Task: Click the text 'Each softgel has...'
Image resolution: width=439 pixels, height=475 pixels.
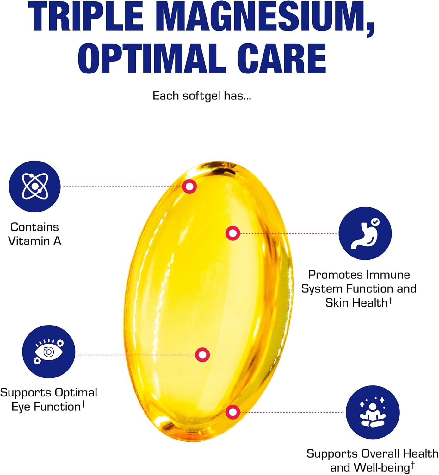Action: pos(202,96)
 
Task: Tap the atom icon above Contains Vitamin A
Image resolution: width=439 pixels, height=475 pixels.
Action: pos(34,186)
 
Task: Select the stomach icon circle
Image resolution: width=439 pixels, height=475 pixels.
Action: pos(365,233)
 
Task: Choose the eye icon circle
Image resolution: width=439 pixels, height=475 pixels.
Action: pos(48,351)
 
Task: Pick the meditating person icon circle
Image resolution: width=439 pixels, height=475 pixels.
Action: pos(372,412)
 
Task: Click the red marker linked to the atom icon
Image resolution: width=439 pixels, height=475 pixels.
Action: pos(189,187)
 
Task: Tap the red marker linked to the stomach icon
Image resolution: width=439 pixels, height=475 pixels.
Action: pos(232,233)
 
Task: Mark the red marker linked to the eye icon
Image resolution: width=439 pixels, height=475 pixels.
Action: pos(202,355)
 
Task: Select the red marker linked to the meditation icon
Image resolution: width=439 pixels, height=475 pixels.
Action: pos(232,412)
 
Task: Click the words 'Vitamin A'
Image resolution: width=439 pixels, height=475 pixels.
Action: pos(34,241)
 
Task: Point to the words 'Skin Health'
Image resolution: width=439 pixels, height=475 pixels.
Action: pos(356,303)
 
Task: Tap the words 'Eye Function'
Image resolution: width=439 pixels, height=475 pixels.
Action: pos(46,407)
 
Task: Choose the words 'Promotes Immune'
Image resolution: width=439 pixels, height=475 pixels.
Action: pos(359,275)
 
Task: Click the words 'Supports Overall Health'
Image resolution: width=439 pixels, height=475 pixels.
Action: pos(372,453)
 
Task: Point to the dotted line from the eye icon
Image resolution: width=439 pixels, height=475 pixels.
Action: pos(136,355)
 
